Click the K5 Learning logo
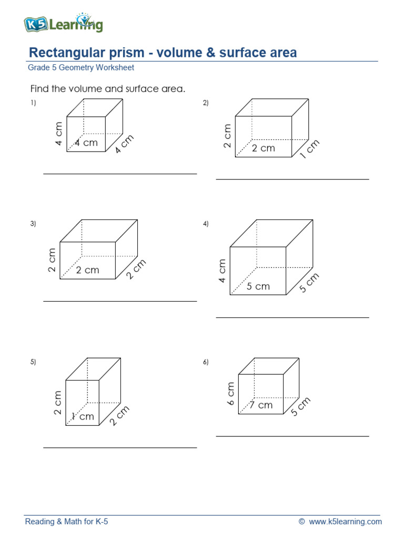63,24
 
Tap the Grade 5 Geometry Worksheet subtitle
80,68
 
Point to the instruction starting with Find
108,89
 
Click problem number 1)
33,103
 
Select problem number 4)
206,224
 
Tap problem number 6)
206,362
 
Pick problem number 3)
33,224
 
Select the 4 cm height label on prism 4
223,271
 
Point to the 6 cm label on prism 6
230,393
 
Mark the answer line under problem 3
120,301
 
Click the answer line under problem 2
292,179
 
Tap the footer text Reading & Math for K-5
67,522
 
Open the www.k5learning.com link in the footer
346,522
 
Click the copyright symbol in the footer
301,522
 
